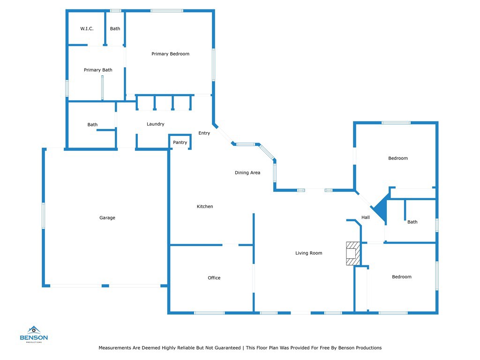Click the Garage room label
pos(107,217)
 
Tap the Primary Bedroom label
pos(170,54)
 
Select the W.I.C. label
pos(87,29)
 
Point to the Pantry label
pos(180,142)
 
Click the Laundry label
pos(156,124)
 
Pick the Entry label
pos(204,133)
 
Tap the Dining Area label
pos(247,172)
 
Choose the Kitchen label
pos(205,206)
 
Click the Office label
pos(214,277)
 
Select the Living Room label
pos(308,253)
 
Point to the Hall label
pos(366,217)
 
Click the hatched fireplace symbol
pos(353,254)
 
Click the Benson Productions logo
pos(34,334)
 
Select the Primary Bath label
pos(98,70)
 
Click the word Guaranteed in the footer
pos(227,348)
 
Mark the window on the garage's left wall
pos(44,216)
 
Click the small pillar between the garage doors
pos(105,286)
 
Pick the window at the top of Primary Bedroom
pos(167,11)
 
